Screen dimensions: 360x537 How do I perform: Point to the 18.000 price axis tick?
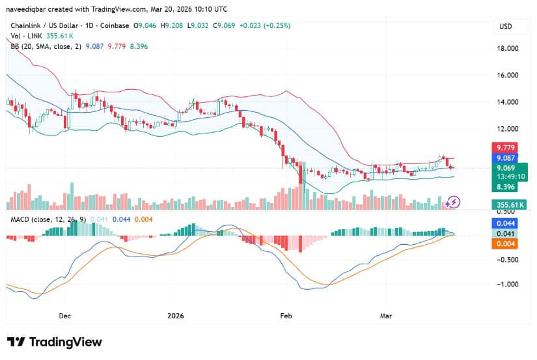coord(508,49)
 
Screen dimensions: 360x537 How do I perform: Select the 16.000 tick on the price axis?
coord(508,76)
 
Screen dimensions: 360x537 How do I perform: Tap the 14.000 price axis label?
coord(508,102)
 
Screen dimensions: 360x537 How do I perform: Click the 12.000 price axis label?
coord(508,129)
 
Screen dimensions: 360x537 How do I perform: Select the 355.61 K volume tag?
coord(508,205)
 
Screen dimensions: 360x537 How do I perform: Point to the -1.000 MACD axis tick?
coord(508,284)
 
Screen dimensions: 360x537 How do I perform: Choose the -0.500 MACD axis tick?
coord(508,259)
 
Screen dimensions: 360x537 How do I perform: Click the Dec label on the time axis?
coord(64,316)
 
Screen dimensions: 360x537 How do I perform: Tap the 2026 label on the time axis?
coord(176,316)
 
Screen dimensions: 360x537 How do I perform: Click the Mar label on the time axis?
coord(386,316)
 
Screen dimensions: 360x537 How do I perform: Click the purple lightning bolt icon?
coord(454,202)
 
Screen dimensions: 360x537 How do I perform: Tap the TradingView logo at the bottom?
coord(55,342)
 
